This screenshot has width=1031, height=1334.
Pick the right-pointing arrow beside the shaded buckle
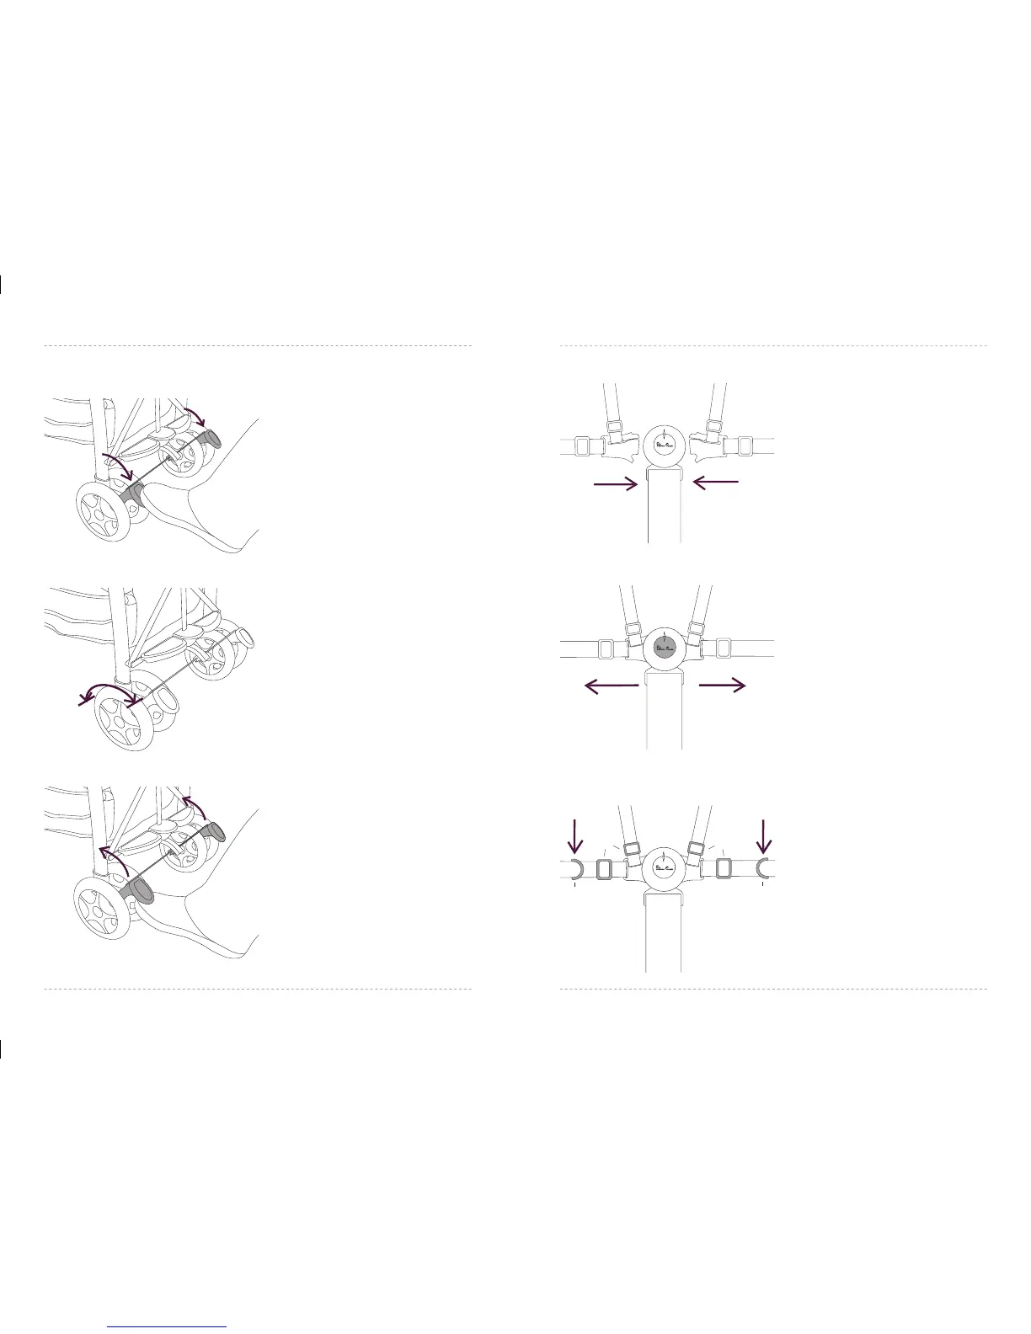[x=723, y=686]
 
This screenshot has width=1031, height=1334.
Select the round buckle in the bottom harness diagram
[x=665, y=867]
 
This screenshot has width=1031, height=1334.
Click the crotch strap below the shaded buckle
[x=664, y=712]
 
